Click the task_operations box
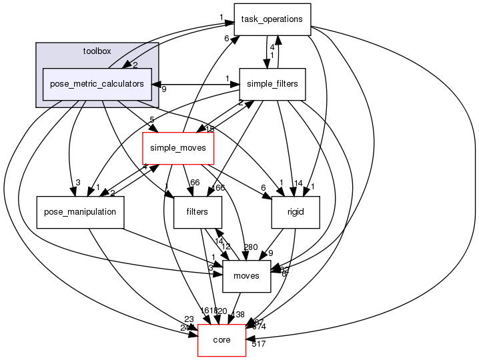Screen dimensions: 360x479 pyautogui.click(x=272, y=19)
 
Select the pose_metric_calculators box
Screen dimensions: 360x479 pyautogui.click(x=97, y=85)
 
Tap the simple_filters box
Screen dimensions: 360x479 pyautogui.click(x=272, y=85)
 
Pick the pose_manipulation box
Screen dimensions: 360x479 pyautogui.click(x=81, y=212)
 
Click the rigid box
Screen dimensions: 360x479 pyautogui.click(x=296, y=212)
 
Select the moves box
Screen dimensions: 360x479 pyautogui.click(x=246, y=276)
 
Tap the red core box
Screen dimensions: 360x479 pyautogui.click(x=221, y=340)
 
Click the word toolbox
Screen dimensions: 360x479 pyautogui.click(x=97, y=51)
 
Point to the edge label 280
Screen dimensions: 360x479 pyautogui.click(x=250, y=247)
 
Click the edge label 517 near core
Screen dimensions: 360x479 pyautogui.click(x=259, y=345)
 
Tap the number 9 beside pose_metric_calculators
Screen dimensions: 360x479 pyautogui.click(x=163, y=89)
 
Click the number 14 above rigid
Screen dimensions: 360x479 pyautogui.click(x=299, y=183)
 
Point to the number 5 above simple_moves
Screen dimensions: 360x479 pyautogui.click(x=152, y=121)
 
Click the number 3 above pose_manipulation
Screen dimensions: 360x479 pyautogui.click(x=77, y=183)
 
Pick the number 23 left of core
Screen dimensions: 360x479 pyautogui.click(x=189, y=319)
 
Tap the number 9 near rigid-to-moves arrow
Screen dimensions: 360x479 pyautogui.click(x=271, y=253)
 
